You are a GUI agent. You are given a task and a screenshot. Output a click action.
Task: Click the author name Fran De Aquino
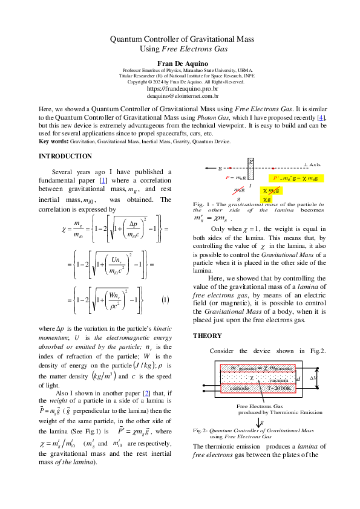coord(180,62)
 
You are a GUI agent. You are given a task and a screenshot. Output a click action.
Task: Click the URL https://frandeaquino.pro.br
coord(180,88)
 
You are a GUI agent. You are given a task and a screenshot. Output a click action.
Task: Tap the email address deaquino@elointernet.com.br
coord(180,96)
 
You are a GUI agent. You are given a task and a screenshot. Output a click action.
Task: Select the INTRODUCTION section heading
coord(65,157)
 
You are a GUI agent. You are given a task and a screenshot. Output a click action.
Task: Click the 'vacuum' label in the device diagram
coord(278,380)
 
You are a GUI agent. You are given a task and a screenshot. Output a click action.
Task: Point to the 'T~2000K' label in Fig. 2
coord(277,387)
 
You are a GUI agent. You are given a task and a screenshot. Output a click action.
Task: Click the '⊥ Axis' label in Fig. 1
coord(312,164)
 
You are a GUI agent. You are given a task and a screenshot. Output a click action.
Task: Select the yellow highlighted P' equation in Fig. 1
coord(299,179)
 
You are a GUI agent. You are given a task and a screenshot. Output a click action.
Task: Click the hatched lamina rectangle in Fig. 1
coord(252,170)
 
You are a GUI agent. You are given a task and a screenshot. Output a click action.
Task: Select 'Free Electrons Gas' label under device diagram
coord(260,406)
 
